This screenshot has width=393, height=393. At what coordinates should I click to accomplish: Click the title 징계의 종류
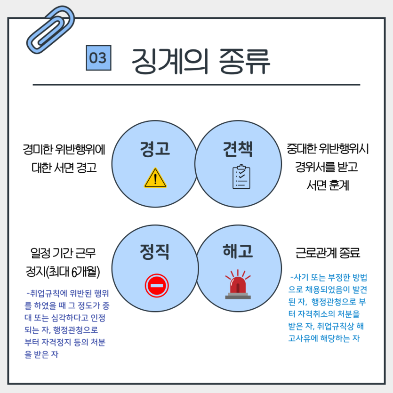[x=201, y=61]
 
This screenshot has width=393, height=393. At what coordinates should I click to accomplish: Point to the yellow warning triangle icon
[x=155, y=178]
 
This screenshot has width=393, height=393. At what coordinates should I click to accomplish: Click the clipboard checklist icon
[x=241, y=177]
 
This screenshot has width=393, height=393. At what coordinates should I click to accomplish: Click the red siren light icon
[x=238, y=285]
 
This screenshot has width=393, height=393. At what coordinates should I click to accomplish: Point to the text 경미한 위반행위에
[x=64, y=150]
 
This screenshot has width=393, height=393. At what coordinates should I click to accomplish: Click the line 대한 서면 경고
[x=64, y=167]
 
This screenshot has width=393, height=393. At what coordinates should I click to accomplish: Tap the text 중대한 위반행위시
[x=328, y=150]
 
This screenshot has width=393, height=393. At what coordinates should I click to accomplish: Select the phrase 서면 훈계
[x=328, y=185]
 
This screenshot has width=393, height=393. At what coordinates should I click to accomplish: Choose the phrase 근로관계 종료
[x=328, y=253]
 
